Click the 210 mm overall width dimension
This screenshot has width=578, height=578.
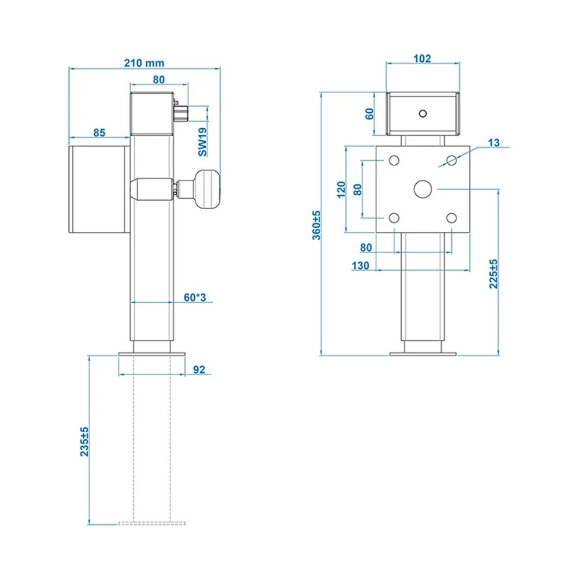[x=144, y=62]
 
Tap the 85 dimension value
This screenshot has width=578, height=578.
[x=99, y=132]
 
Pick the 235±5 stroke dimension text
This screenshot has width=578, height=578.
[x=84, y=442]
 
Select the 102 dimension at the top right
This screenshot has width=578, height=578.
[x=423, y=58]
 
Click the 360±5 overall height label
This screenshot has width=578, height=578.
[x=316, y=225]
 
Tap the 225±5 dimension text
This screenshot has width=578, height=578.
[x=493, y=273]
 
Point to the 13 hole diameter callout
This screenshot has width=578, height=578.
[x=494, y=142]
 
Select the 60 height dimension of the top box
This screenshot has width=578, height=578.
[x=370, y=113]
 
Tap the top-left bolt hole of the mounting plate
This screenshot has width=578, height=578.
[x=394, y=160]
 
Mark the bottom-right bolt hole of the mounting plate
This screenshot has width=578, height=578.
[x=452, y=217]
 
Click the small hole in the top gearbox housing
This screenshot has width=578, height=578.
[x=423, y=113]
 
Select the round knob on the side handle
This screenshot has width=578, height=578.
[x=209, y=188]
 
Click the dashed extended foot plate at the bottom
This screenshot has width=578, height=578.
[x=151, y=524]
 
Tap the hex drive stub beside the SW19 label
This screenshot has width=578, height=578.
[x=180, y=111]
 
